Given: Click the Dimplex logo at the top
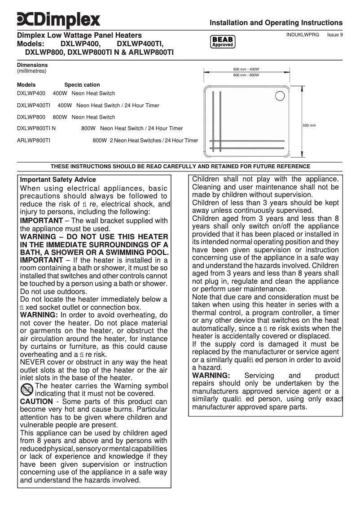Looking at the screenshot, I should pos(58,20).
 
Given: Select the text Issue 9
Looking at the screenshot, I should pos(335,35).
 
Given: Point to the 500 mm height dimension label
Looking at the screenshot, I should pos(309,125).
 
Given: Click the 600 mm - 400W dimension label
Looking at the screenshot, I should pos(246,69).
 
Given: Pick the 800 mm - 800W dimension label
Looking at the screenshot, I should pos(246,75).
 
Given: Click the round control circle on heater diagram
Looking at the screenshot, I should pos(282,97).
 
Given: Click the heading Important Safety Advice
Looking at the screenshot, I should pos(58,180).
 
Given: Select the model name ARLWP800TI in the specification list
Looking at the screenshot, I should pos(33,140).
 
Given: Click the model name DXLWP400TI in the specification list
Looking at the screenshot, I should pos(33,105).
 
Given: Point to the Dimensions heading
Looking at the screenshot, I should pos(32,65).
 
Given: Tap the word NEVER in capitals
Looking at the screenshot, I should pos(33,362).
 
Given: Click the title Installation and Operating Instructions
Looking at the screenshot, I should pos(276,23).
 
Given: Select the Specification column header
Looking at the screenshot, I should pos(82,85).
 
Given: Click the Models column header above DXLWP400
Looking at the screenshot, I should pos(26,85).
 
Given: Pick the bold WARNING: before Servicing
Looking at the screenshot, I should pos(211,375).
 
